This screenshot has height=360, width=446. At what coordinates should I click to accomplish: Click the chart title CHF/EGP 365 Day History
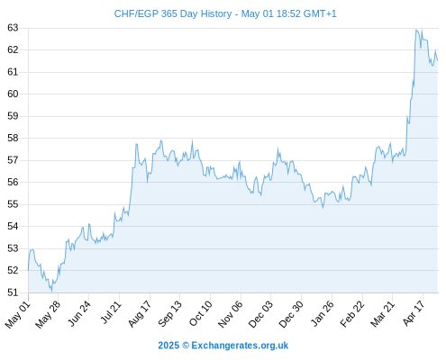[x=173, y=13]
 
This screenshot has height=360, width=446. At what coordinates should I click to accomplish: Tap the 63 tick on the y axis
[x=13, y=28]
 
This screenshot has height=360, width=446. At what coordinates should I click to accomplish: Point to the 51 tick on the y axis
[x=13, y=292]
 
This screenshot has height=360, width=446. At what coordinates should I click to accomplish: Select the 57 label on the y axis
[x=13, y=160]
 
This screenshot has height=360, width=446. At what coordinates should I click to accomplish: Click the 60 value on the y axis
[x=13, y=94]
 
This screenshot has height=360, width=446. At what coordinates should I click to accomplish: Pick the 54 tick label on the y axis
[x=13, y=226]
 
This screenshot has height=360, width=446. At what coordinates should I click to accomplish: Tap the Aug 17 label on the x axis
[x=140, y=313]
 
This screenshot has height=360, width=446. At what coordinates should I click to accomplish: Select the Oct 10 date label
[x=201, y=313]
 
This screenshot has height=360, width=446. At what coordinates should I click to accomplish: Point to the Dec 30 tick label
[x=291, y=314]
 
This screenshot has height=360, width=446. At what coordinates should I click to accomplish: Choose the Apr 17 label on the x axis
[x=414, y=313]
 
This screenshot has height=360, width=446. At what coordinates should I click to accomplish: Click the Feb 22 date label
[x=352, y=313]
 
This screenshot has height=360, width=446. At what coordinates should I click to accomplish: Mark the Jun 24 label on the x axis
[x=79, y=313]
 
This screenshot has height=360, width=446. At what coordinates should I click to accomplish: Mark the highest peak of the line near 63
[x=416, y=30]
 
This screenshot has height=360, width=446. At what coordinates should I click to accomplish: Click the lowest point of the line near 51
[x=51, y=291]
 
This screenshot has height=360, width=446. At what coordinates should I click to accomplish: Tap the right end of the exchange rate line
[x=438, y=60]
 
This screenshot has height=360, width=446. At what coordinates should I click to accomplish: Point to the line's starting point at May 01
[x=28, y=270]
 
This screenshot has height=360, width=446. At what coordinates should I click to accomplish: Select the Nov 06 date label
[x=231, y=314]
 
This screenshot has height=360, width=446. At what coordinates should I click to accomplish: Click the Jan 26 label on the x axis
[x=322, y=313]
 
